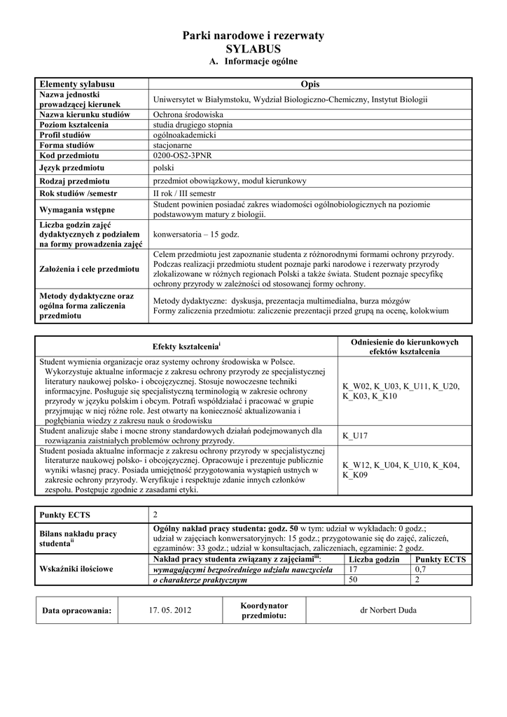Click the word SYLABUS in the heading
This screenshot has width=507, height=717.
(253, 49)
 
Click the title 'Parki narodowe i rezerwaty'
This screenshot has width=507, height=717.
(253, 35)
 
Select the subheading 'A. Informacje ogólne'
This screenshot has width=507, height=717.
(253, 62)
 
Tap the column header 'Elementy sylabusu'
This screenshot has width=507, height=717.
(77, 84)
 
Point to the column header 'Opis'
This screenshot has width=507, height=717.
(310, 84)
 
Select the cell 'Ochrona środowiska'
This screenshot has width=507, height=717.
(188, 114)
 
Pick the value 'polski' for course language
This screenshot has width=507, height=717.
(163, 168)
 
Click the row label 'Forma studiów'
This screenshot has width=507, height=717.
(67, 145)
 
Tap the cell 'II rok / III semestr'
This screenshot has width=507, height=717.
(186, 193)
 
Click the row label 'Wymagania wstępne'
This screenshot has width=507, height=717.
(76, 209)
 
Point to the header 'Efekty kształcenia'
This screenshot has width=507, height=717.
(186, 347)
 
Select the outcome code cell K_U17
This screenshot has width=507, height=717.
(355, 436)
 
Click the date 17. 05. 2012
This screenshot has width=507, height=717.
(169, 610)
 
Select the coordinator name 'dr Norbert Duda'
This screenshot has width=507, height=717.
(387, 610)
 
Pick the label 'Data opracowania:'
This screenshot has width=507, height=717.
(77, 611)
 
